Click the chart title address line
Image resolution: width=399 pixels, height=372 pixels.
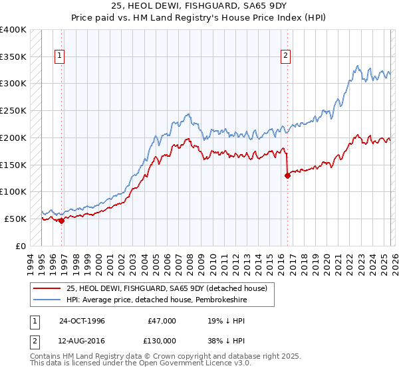pyautogui.click(x=199, y=5)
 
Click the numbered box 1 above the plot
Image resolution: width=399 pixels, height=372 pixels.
pyautogui.click(x=60, y=56)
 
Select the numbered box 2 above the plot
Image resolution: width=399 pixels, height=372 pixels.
pyautogui.click(x=285, y=56)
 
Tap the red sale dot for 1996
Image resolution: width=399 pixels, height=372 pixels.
pyautogui.click(x=62, y=221)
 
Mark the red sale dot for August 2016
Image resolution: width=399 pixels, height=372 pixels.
pyautogui.click(x=287, y=176)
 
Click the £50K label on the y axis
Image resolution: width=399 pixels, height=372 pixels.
pyautogui.click(x=15, y=219)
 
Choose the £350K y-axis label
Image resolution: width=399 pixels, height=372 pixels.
pyautogui.click(x=13, y=57)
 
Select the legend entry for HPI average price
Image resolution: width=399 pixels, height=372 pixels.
pyautogui.click(x=154, y=300)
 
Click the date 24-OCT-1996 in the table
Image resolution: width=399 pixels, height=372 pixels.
pyautogui.click(x=82, y=321)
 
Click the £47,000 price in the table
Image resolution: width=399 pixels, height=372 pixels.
pyautogui.click(x=160, y=321)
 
